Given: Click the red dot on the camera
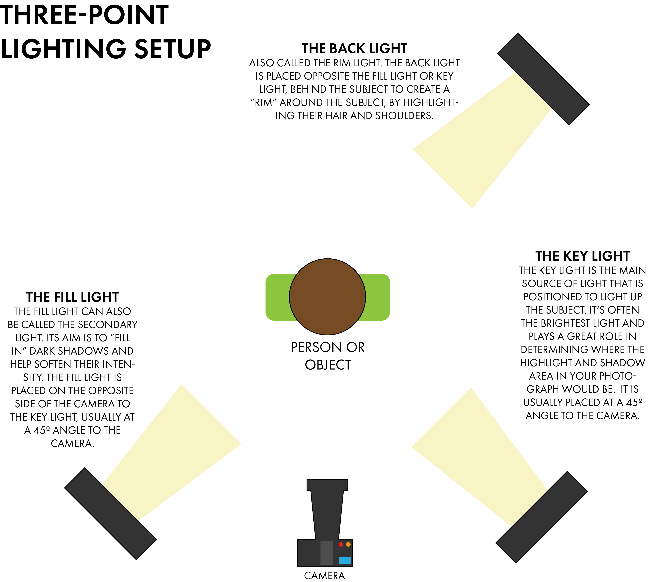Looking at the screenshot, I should [x=341, y=544].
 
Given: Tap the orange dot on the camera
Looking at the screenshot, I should [x=348, y=544].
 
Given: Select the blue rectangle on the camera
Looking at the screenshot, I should [x=344, y=560].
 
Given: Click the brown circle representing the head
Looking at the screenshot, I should [x=327, y=297].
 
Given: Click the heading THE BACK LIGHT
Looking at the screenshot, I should [x=354, y=49].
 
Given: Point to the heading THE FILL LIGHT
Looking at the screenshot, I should [x=72, y=297].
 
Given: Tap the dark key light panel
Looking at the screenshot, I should [x=542, y=517].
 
